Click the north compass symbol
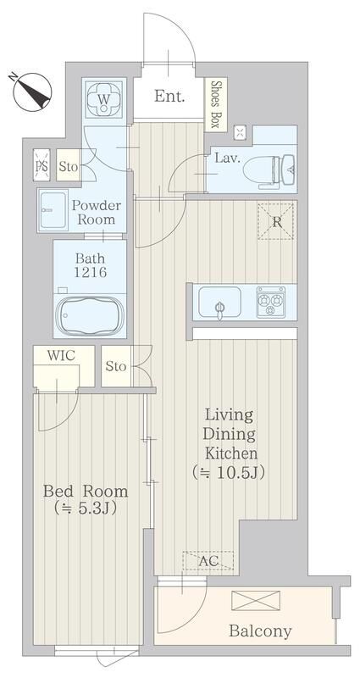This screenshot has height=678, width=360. (x=31, y=92)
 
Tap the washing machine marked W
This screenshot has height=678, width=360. (x=103, y=99)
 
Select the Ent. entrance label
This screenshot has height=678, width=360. (x=169, y=96)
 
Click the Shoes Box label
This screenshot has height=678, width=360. (x=216, y=104)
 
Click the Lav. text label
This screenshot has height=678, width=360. (x=227, y=158)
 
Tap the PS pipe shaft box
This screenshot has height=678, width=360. (x=42, y=164)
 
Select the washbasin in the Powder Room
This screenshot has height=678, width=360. (x=53, y=210)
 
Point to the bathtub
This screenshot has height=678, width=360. (x=91, y=314)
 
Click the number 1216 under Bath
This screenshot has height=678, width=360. (x=90, y=272)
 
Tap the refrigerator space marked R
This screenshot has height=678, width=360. (x=276, y=221)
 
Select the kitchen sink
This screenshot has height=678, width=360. (x=219, y=303)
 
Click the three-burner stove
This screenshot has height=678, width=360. (x=270, y=302)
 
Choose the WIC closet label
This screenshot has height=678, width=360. (x=61, y=355)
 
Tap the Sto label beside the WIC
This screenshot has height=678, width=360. (x=116, y=367)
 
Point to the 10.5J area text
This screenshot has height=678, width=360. (x=228, y=472)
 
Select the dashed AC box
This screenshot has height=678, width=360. (x=208, y=561)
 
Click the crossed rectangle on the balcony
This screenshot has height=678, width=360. (x=256, y=601)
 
